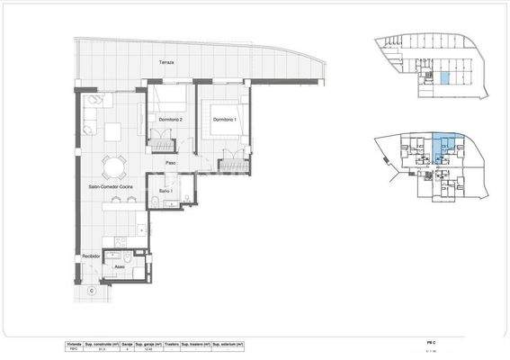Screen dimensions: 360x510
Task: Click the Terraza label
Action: point(167,63)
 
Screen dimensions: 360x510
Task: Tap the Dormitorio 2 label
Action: point(171,119)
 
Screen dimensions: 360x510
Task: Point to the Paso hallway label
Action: point(170,162)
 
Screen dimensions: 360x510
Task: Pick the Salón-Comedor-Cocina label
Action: point(111,186)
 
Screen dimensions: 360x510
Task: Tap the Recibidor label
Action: point(90,256)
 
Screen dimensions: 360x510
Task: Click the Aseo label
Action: point(119,267)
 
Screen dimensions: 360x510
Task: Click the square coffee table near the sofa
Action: point(114,131)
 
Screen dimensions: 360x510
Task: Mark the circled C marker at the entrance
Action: point(91,292)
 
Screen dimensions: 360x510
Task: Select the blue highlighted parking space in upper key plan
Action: point(443,79)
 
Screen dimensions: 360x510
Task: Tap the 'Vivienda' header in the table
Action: point(74,344)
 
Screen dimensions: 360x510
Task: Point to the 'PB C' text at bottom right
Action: point(432,343)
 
